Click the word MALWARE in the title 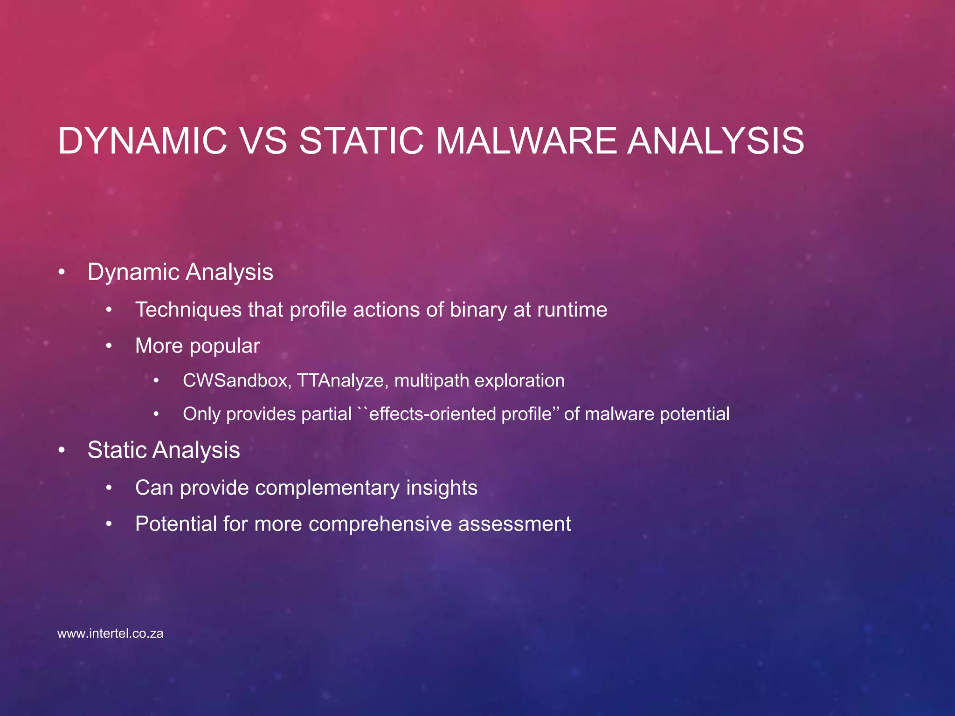tap(526, 141)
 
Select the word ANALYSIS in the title tap(715, 141)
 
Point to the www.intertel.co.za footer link tap(110, 634)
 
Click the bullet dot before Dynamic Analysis tap(62, 272)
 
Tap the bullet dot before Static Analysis tap(62, 450)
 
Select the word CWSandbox tap(237, 381)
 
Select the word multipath tap(431, 381)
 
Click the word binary tap(478, 310)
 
